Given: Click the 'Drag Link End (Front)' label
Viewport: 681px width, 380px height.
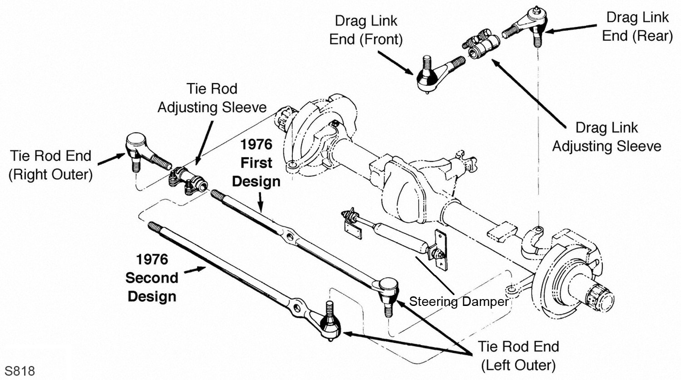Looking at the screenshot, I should [365, 30].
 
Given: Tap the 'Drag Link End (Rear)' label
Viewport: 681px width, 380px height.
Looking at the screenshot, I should [637, 27].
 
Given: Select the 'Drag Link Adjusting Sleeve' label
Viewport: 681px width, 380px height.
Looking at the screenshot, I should [607, 137].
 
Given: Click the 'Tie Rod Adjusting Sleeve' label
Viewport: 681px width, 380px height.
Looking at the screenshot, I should [212, 98].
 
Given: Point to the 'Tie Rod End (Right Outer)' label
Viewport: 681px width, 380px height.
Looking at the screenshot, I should [50, 165].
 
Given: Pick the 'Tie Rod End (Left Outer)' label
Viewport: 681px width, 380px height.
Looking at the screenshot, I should [518, 355].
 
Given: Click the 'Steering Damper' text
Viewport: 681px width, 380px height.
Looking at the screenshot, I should [459, 302].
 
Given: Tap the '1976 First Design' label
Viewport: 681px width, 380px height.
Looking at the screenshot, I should [256, 163].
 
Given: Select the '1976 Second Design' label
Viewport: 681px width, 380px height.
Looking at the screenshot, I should [152, 278].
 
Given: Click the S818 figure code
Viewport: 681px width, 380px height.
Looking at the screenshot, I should [20, 371].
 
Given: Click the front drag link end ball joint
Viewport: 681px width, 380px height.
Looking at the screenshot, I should [429, 77].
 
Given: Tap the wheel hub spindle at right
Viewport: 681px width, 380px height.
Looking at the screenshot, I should [599, 295].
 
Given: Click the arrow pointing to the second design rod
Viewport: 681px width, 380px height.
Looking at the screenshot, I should [195, 270].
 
